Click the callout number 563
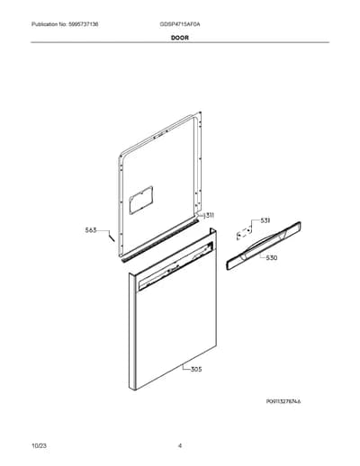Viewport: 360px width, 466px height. pyautogui.click(x=91, y=230)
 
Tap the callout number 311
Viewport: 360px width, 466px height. pyautogui.click(x=210, y=215)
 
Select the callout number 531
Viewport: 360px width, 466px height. pyautogui.click(x=265, y=220)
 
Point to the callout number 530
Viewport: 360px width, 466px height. pyautogui.click(x=272, y=257)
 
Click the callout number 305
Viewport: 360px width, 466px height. pyautogui.click(x=196, y=370)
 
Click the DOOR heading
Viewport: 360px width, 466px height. pyautogui.click(x=180, y=38)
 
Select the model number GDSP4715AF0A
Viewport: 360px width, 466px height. pyautogui.click(x=180, y=24)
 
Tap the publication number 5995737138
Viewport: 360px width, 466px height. pyautogui.click(x=82, y=24)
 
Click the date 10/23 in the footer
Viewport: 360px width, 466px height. pyautogui.click(x=39, y=446)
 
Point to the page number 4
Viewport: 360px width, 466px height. pyautogui.click(x=180, y=446)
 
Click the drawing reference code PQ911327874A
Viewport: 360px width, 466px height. pyautogui.click(x=283, y=401)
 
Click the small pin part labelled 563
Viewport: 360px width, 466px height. pyautogui.click(x=112, y=237)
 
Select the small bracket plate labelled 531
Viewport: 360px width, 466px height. pyautogui.click(x=244, y=232)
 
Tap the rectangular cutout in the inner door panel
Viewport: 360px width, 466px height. pyautogui.click(x=141, y=200)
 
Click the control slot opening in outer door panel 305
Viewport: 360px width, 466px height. pyautogui.click(x=176, y=266)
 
